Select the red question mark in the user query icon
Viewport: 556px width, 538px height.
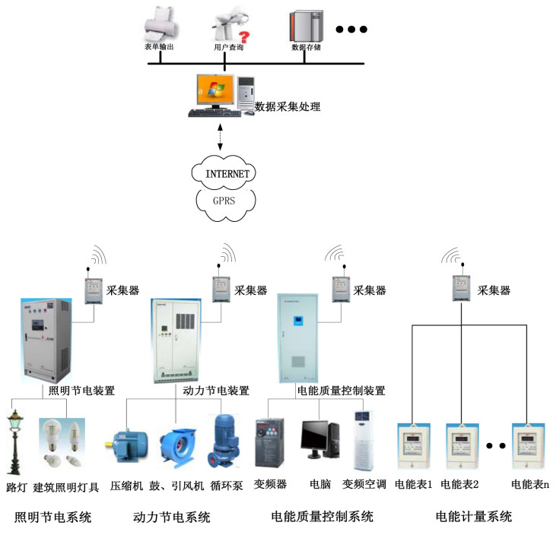tap(244, 36)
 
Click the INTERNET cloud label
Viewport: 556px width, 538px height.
tap(227, 174)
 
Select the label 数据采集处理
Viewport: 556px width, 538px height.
tap(287, 107)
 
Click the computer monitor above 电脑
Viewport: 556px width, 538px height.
tap(318, 438)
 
